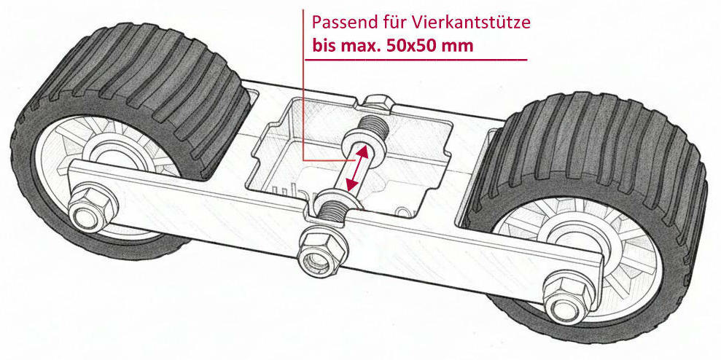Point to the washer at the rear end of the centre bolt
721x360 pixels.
363,140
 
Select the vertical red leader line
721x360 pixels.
304,85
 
